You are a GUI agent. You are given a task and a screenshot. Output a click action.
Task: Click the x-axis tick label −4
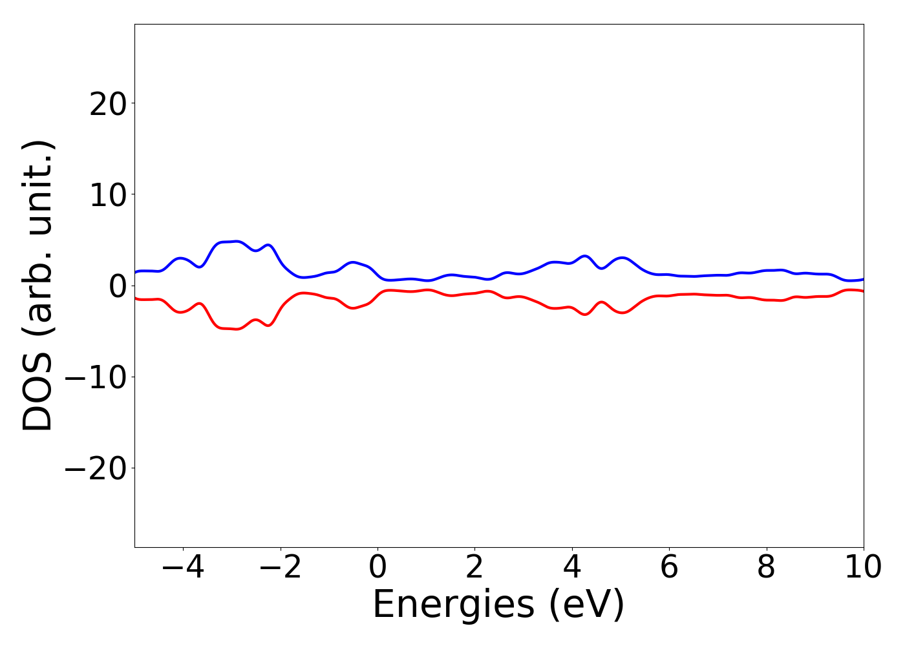pyautogui.click(x=183, y=568)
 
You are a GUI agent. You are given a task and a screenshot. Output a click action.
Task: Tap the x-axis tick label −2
pyautogui.click(x=280, y=568)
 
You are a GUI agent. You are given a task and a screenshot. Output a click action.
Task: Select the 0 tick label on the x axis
pyautogui.click(x=378, y=568)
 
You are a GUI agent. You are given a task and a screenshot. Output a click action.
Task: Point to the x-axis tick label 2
pyautogui.click(x=474, y=568)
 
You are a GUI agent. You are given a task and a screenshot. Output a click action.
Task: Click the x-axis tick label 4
pyautogui.click(x=572, y=568)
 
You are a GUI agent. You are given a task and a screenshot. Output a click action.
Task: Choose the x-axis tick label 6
pyautogui.click(x=669, y=568)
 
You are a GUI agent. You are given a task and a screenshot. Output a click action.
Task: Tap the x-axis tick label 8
pyautogui.click(x=766, y=568)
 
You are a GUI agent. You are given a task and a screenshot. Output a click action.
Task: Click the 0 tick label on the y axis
pyautogui.click(x=118, y=286)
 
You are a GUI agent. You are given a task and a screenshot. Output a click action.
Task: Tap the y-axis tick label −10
pyautogui.click(x=96, y=377)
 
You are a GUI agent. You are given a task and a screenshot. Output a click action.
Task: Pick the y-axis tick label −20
pyautogui.click(x=96, y=468)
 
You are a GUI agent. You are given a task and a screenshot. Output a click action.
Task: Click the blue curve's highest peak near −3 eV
pyautogui.click(x=237, y=241)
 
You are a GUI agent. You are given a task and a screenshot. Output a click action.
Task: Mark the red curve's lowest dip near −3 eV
pyautogui.click(x=237, y=329)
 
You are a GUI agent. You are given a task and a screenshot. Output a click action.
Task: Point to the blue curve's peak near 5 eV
pyautogui.click(x=623, y=257)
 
